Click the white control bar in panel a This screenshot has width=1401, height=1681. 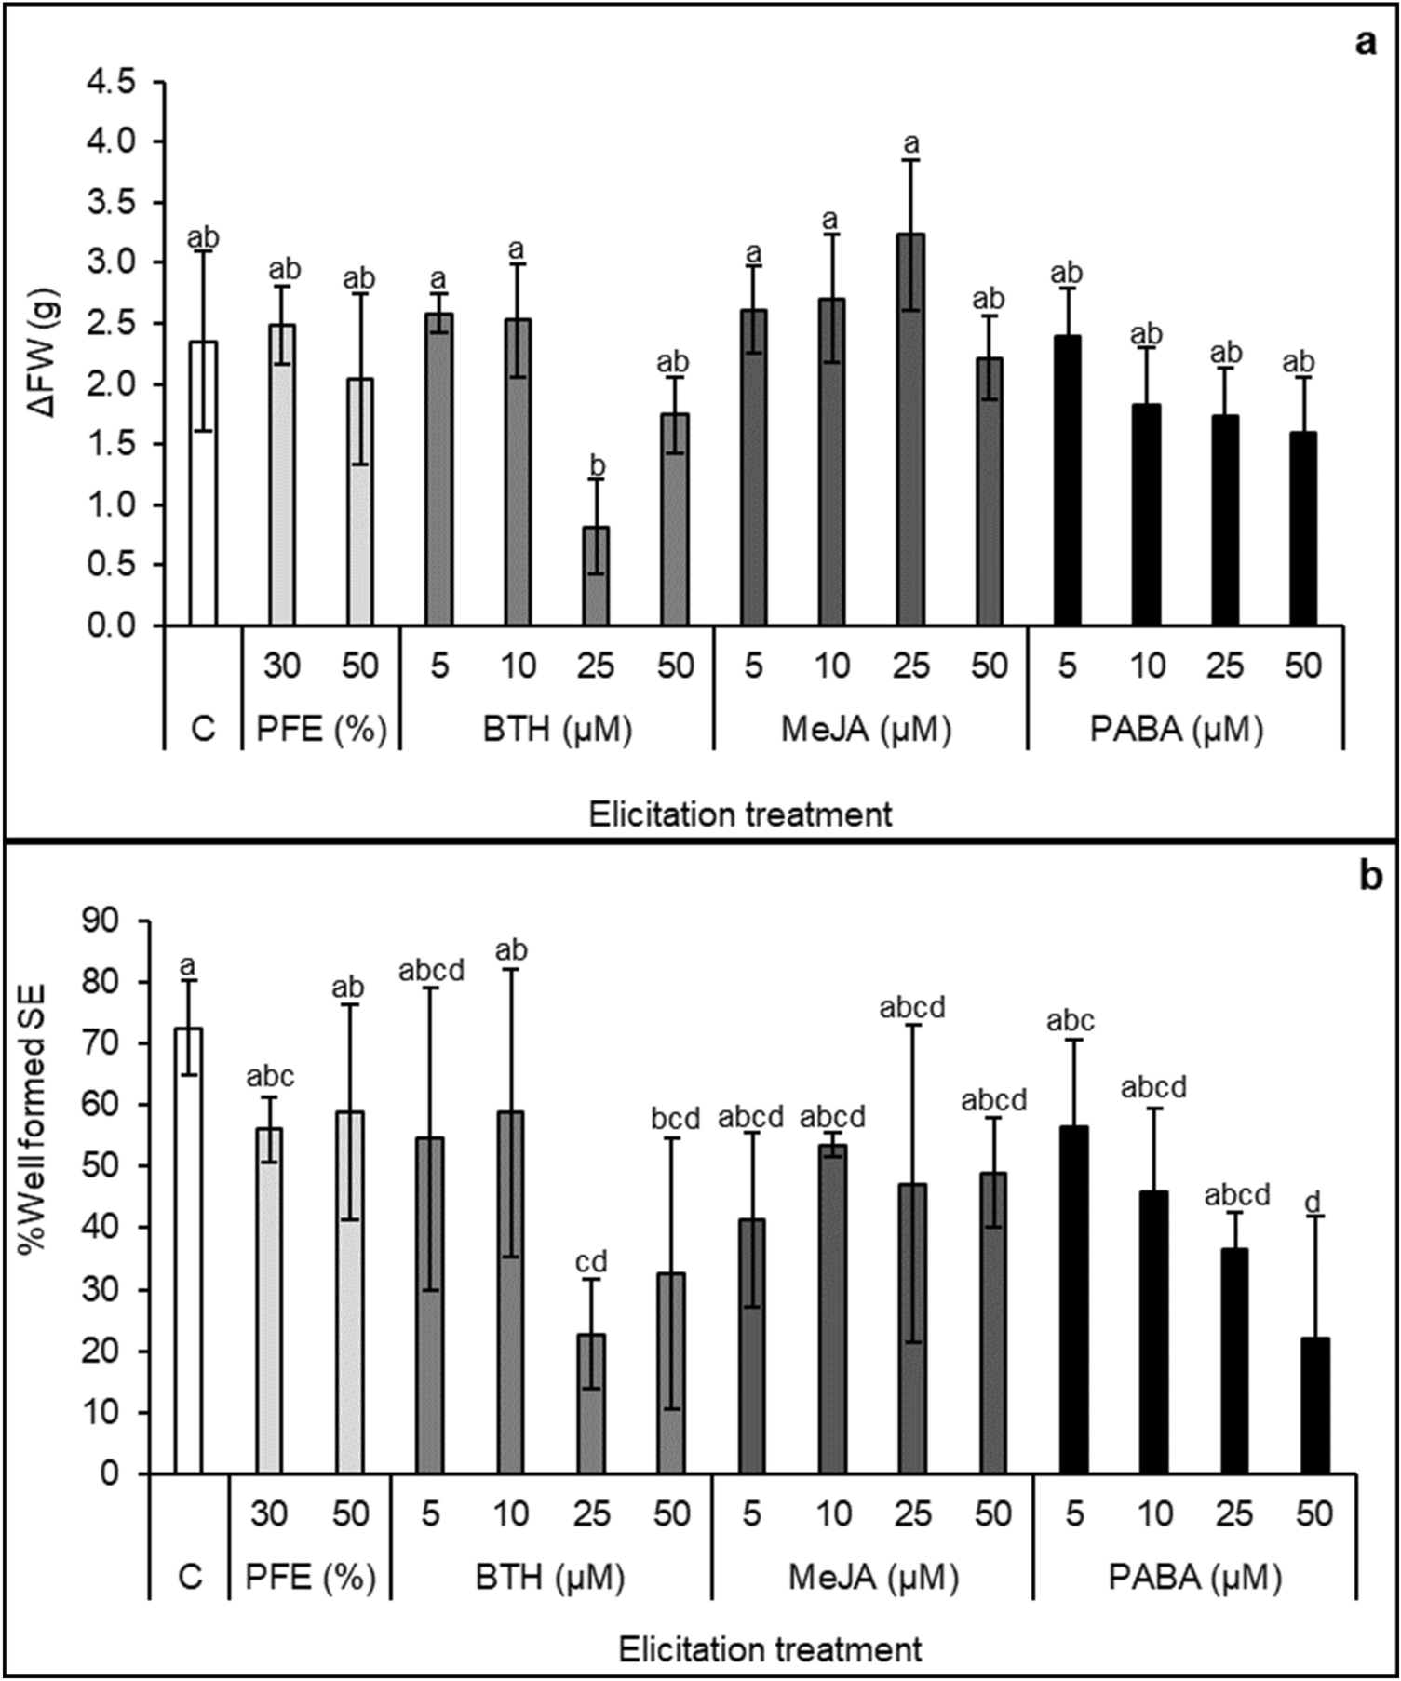pyautogui.click(x=203, y=484)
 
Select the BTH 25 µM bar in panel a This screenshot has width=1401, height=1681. pyautogui.click(x=596, y=576)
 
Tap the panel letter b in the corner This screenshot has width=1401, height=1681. pyautogui.click(x=1369, y=877)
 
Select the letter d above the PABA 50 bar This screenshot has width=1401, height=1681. pyautogui.click(x=1313, y=1202)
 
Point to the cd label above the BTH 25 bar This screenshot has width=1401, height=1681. pyautogui.click(x=590, y=1262)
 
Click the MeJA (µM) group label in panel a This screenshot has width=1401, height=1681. pyautogui.click(x=866, y=730)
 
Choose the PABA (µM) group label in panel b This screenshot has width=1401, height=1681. pyautogui.click(x=1194, y=1578)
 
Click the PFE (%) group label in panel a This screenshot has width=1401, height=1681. pyautogui.click(x=321, y=730)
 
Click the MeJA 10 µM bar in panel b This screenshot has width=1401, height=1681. pyautogui.click(x=833, y=1308)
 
